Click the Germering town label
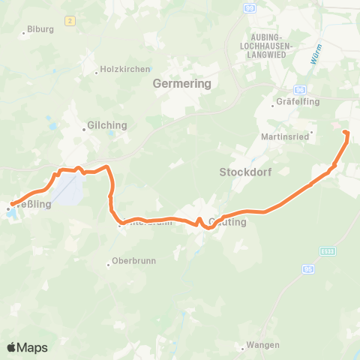click(x=182, y=84)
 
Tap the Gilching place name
click(x=107, y=125)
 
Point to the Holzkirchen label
click(x=120, y=72)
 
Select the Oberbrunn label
click(x=133, y=262)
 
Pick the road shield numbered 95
click(x=308, y=268)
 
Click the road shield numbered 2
click(x=70, y=20)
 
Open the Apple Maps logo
click(x=26, y=347)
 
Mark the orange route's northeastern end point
click(x=346, y=133)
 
